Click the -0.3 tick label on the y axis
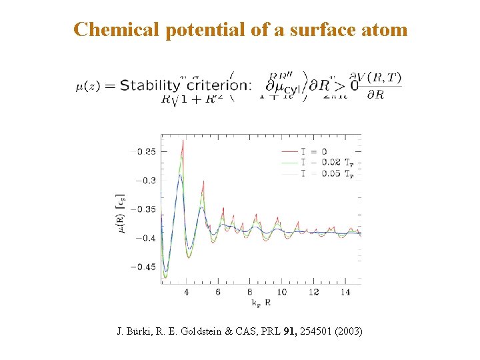146,180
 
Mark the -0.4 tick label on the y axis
146,238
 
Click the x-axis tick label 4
186,292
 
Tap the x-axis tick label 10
281,292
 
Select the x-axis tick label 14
345,292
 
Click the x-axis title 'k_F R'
261,303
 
